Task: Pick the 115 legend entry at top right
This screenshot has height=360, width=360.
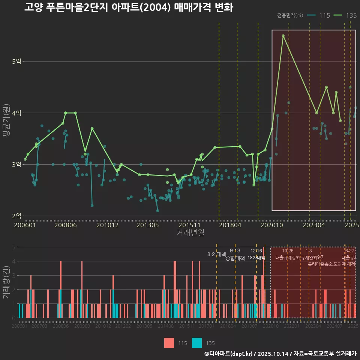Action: (319, 15)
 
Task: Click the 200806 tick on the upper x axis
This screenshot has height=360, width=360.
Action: (66, 225)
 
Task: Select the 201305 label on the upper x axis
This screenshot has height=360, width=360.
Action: (148, 225)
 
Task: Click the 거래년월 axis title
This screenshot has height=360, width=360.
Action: (190, 233)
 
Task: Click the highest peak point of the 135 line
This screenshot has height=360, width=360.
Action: (283, 36)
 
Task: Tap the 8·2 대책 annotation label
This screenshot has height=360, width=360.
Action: (214, 254)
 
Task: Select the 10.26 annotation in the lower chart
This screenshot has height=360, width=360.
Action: (288, 251)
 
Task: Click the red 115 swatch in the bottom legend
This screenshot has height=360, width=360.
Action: (169, 343)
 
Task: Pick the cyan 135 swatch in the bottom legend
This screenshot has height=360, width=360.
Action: (197, 343)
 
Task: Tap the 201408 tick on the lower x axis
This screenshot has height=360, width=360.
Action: (166, 327)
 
